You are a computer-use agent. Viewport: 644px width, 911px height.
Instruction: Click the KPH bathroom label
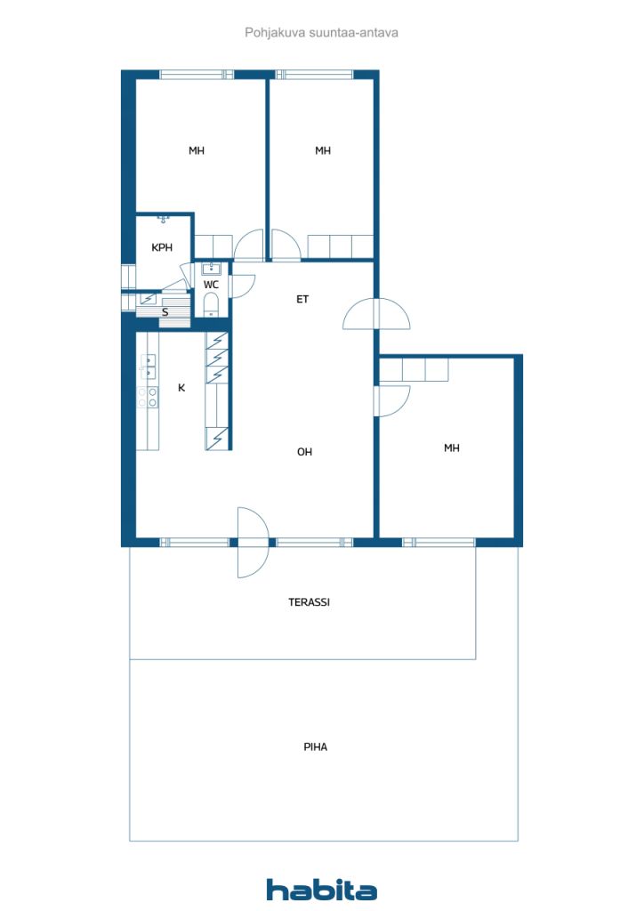click(162, 247)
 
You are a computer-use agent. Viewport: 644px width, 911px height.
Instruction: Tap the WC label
click(211, 285)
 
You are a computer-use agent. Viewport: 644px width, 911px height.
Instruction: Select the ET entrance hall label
click(302, 299)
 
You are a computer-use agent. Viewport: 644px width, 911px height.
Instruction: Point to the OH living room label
click(304, 452)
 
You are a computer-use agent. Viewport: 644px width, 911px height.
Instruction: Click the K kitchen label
click(181, 388)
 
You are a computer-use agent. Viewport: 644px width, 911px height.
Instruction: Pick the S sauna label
click(165, 312)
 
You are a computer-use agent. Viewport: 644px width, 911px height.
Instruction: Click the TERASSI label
click(309, 602)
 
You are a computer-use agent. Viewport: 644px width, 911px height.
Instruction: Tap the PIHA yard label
click(315, 746)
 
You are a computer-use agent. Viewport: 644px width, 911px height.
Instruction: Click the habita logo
click(321, 889)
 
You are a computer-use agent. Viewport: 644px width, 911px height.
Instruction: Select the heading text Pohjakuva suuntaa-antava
click(321, 33)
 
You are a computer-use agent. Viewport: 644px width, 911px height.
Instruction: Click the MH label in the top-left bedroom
click(197, 150)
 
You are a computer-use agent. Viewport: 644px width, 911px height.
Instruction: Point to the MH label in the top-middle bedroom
click(323, 150)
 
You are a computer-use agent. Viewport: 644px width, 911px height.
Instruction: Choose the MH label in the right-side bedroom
click(452, 448)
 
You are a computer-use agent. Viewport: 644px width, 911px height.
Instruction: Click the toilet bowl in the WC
click(211, 304)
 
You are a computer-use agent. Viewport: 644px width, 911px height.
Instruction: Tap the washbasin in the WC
click(211, 269)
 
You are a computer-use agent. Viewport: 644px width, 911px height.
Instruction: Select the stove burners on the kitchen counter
click(148, 398)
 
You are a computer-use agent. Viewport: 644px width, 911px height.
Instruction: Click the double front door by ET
click(376, 314)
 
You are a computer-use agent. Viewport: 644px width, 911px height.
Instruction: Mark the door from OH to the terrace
click(254, 543)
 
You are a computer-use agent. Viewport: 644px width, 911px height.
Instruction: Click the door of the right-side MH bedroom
click(392, 401)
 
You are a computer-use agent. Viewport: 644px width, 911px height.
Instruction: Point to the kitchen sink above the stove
click(148, 367)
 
